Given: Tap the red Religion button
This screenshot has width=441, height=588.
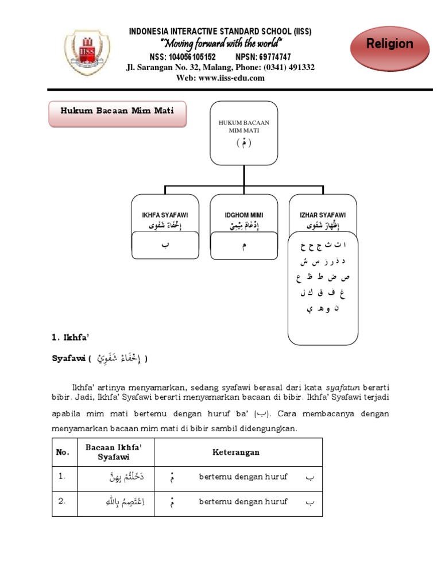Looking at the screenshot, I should point(390,44).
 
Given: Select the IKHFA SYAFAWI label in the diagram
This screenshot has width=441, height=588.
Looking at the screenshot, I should point(165,215).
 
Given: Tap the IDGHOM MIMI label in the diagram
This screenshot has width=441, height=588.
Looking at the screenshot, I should point(243,215).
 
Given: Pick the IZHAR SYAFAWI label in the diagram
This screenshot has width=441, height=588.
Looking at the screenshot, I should point(322,215).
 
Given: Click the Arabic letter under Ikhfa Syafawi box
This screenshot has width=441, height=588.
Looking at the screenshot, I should point(165,245).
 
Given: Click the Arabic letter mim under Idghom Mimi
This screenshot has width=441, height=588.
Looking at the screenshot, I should point(244,246).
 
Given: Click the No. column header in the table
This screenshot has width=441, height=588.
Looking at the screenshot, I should point(62,452).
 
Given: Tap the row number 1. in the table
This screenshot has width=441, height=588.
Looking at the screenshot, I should point(62,476).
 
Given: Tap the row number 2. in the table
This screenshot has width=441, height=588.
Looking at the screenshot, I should point(62,501).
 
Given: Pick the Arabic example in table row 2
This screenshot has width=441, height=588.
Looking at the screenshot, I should point(125,502).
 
